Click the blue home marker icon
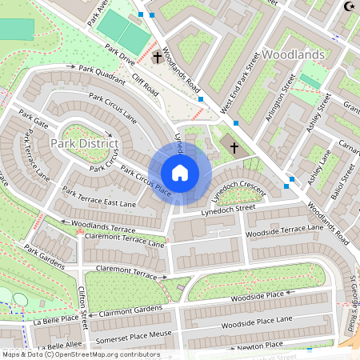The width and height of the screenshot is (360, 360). tap(180, 173)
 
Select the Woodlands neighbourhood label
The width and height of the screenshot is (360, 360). tap(294, 54)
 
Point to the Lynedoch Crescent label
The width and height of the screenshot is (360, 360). tap(238, 188)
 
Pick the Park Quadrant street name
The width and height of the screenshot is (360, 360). tap(102, 75)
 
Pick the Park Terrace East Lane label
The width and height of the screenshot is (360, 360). tap(100, 198)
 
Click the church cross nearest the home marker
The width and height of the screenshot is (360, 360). tap(234, 147)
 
